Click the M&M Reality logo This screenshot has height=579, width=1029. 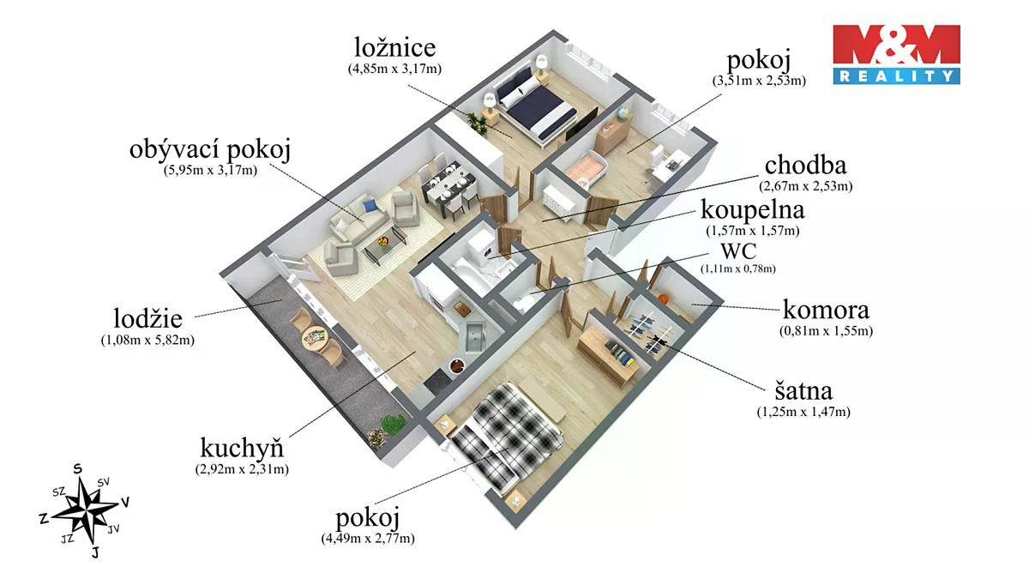(x=897, y=54)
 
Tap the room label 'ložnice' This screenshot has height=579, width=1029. (x=395, y=48)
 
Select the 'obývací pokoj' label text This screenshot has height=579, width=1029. (x=210, y=150)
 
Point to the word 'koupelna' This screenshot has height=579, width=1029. (x=753, y=210)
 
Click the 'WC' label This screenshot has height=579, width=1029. (x=738, y=251)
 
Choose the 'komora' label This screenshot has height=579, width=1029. (x=826, y=310)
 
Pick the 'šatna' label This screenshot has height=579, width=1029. (x=803, y=390)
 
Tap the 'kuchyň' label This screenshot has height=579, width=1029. (x=242, y=447)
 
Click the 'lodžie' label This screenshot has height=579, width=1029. (x=147, y=317)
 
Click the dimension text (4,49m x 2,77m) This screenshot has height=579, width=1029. (x=368, y=538)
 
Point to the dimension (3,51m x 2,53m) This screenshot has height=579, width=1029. (x=759, y=81)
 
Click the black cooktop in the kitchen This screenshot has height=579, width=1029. (x=436, y=379)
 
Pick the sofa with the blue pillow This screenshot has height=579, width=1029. (x=359, y=218)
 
